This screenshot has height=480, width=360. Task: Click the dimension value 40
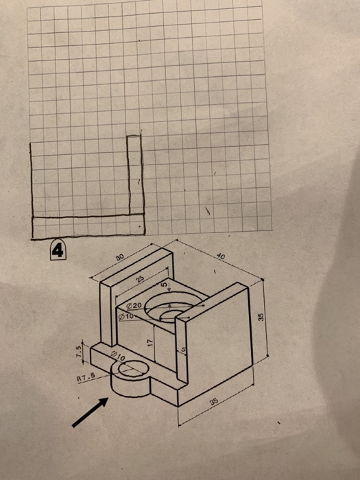pos(219,255)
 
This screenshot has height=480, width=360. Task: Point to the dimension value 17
pos(149,339)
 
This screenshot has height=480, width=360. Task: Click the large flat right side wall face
pos(219,343)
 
